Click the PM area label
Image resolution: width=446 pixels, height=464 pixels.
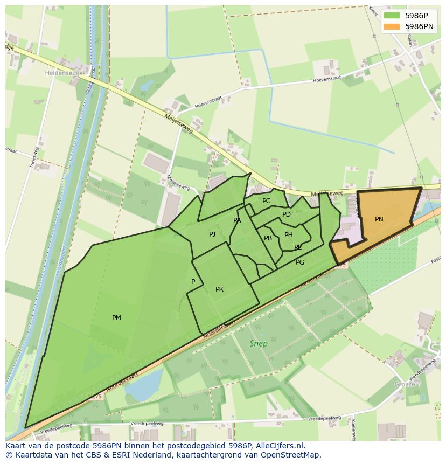pos(116,318)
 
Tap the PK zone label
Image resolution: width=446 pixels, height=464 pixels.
pos(219,289)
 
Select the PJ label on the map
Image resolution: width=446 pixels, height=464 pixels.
pos(212,234)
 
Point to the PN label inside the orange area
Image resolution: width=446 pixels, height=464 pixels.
pos(379,219)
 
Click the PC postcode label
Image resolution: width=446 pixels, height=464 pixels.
pos(266,201)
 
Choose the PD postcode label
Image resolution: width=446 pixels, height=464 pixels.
pos(287,214)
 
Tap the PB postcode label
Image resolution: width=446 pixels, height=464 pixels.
pos(268,238)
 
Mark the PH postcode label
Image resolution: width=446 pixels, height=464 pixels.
pos(289,235)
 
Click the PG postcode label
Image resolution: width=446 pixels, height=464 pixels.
pos(300,262)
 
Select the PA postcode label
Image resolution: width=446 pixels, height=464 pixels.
pos(237,220)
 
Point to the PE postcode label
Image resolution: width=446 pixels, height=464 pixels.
pos(298,247)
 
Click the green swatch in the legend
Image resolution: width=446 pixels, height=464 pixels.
pos(392,16)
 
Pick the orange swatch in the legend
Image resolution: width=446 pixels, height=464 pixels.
pos(392,26)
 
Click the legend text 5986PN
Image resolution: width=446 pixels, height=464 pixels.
pos(420,26)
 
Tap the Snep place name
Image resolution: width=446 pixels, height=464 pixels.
pos(259,343)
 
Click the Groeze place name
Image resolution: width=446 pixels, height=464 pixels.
pos(405,384)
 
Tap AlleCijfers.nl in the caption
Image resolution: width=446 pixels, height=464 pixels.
pos(280,446)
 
